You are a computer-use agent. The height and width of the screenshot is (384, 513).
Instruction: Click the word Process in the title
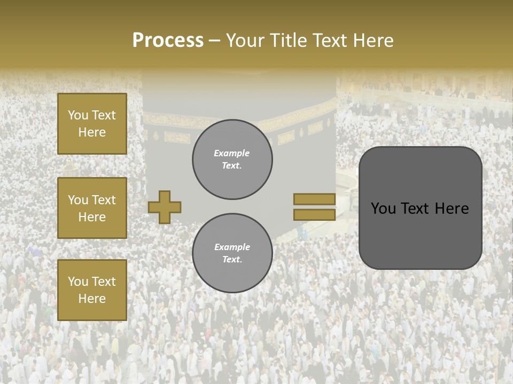[x=168, y=41]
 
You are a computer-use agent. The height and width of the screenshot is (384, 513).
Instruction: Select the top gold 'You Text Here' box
[x=92, y=124]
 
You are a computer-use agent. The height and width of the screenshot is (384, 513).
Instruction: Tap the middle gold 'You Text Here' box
[x=92, y=208]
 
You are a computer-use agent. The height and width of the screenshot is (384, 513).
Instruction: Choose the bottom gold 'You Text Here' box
[x=92, y=290]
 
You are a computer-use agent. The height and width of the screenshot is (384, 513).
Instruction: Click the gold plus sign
[x=165, y=207]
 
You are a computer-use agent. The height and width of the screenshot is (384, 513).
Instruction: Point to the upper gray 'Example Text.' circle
[x=232, y=159]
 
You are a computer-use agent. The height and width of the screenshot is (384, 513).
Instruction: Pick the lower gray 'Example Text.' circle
[x=232, y=253]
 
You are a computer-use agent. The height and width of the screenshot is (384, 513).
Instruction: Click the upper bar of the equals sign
[x=314, y=199]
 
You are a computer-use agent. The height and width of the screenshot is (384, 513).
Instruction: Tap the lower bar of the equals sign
[x=314, y=214]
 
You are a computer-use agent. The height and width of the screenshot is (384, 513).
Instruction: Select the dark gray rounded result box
[x=420, y=208]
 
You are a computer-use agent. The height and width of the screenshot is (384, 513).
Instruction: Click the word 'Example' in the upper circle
[x=232, y=153]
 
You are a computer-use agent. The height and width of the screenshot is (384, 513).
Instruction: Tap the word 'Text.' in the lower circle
[x=232, y=260]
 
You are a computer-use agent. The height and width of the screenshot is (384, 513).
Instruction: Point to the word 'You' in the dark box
[x=383, y=209]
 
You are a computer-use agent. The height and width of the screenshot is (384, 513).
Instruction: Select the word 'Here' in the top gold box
[x=92, y=132]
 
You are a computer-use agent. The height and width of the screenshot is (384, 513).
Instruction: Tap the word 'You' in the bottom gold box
[x=78, y=282]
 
